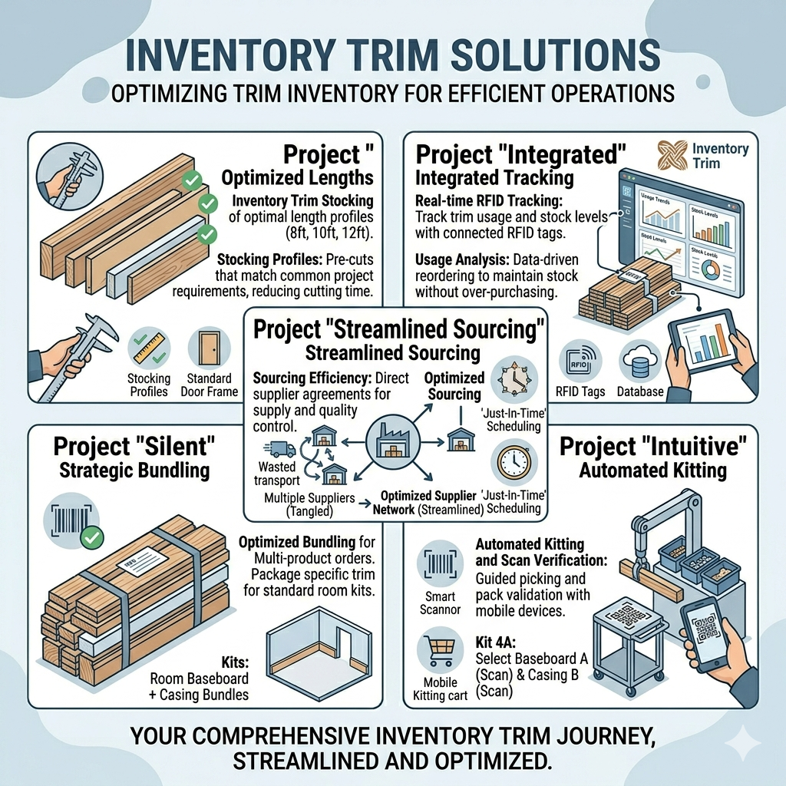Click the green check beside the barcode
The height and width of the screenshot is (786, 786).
click(91, 537)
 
